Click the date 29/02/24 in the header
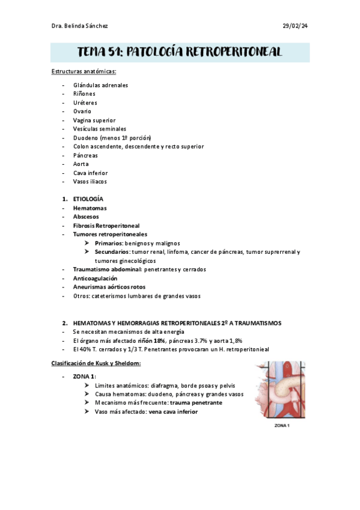pos(294,26)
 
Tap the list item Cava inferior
pos(90,173)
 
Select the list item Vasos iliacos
pos(90,181)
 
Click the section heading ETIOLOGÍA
pos(88,198)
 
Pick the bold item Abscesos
pos(86,216)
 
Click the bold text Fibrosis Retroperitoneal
pos(106,226)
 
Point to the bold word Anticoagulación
pos(95,278)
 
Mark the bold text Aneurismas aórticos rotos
pos(109,287)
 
